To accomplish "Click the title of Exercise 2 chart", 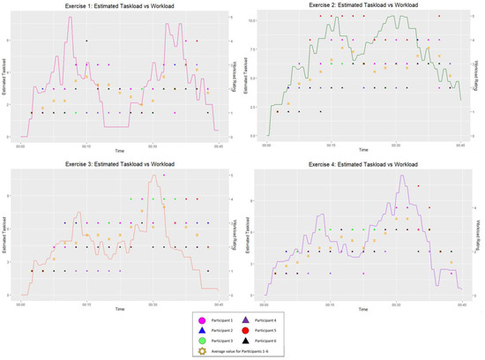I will click(x=363, y=5).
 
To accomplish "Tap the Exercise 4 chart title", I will click(x=363, y=167).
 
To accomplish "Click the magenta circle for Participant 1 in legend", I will click(x=202, y=319).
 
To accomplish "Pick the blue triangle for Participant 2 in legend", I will click(x=202, y=329).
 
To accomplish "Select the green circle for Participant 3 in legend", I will click(x=202, y=340).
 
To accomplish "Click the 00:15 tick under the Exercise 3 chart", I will click(x=86, y=304).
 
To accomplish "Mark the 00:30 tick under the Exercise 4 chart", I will click(x=395, y=302).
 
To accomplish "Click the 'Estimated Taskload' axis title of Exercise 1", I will click(x=4, y=78).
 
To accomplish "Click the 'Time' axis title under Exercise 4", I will click(x=363, y=310).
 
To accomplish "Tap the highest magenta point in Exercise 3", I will click(x=163, y=176).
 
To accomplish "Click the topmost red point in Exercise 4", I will click(x=418, y=185).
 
